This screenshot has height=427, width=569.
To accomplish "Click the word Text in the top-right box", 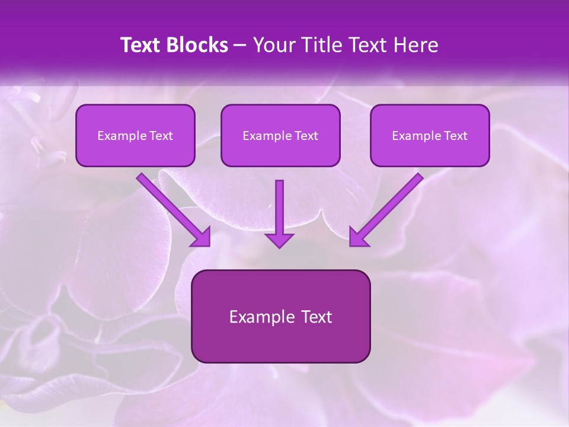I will [x=456, y=136].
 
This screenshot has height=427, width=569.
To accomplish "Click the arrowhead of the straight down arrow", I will [x=279, y=240].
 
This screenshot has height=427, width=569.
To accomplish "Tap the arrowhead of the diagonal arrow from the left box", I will [x=202, y=237].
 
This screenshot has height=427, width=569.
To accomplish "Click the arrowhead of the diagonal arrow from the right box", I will [x=358, y=237].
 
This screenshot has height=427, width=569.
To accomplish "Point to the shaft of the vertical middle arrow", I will [x=279, y=205].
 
